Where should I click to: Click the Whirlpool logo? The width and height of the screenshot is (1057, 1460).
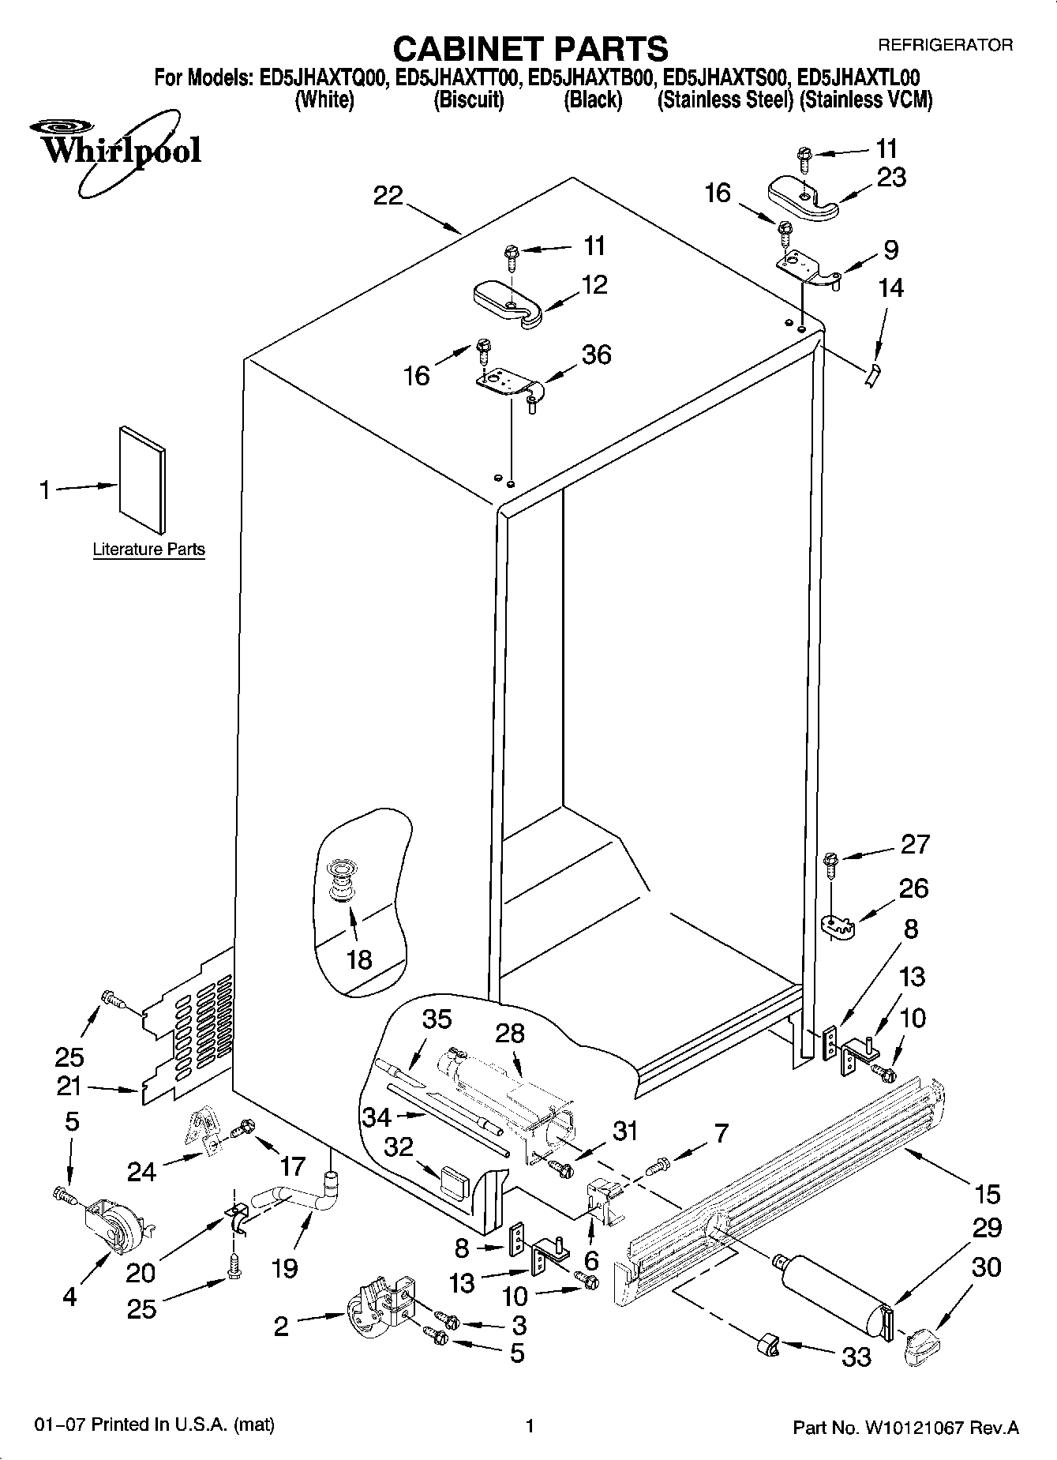117,150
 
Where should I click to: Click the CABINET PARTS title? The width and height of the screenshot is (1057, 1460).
530,49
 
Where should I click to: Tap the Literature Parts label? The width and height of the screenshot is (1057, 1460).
148,550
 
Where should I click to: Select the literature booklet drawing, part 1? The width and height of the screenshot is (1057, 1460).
142,479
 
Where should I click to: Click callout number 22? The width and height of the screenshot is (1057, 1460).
388,196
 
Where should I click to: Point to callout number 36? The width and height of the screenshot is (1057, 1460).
596,355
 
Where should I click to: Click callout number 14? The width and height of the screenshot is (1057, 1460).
890,288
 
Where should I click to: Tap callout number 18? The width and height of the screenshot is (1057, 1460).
359,959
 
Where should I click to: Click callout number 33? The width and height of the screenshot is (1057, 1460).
856,1357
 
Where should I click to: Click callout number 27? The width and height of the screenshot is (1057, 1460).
915,845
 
